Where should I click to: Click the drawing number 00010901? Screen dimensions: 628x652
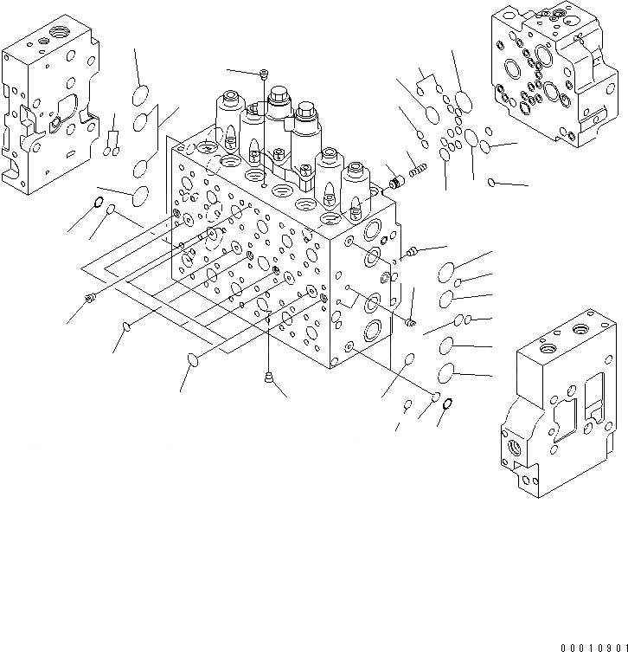[594, 648]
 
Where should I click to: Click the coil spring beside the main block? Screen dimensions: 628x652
[419, 170]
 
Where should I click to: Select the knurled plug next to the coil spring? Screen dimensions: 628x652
[397, 182]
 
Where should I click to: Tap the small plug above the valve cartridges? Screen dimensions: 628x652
[263, 74]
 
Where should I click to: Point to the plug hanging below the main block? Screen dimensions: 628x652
[269, 378]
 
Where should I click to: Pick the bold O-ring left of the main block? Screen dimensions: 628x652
[99, 202]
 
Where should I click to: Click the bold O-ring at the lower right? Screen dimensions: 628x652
[448, 403]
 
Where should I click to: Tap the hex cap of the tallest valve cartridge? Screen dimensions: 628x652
[279, 94]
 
